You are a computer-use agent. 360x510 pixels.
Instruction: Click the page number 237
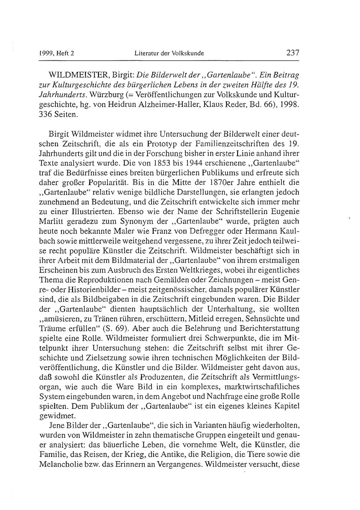pos(293,53)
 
